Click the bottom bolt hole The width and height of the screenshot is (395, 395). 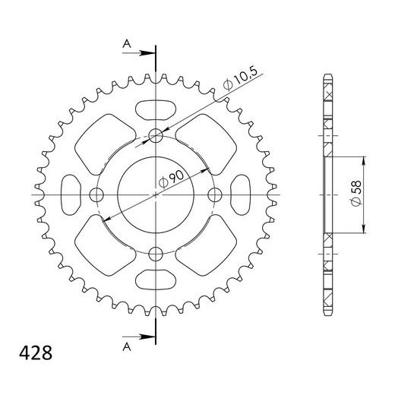156,254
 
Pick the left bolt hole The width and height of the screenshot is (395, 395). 96,195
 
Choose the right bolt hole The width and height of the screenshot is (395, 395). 214,195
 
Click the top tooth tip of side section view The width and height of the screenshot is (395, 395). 329,75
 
